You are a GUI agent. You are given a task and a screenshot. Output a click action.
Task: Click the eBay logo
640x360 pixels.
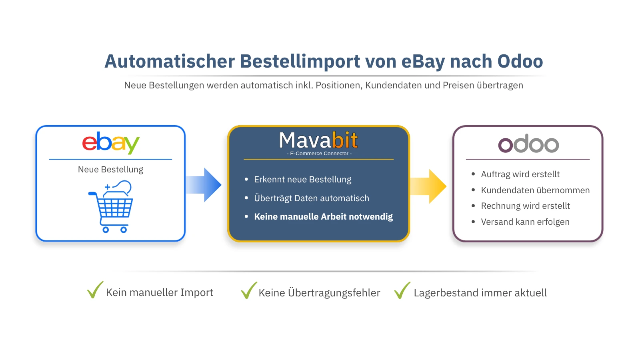[110, 143]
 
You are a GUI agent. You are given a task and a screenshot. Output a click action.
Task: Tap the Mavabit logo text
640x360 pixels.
[318, 140]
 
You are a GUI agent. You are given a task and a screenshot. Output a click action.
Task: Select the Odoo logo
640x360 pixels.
[528, 144]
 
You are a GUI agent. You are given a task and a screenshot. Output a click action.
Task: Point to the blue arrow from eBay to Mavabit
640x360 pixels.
[204, 185]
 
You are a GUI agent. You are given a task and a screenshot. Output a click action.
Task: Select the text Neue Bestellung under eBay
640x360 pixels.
[110, 170]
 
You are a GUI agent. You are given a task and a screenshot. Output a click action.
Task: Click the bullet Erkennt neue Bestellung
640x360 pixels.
[302, 180]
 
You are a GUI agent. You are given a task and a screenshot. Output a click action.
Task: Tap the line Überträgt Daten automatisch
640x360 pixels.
[311, 198]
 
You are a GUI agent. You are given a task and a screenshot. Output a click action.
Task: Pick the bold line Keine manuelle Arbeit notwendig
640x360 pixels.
[323, 217]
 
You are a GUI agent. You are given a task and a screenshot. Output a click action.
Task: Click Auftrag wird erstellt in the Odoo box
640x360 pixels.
[520, 174]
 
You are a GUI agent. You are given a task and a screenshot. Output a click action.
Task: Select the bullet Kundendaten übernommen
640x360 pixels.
[535, 190]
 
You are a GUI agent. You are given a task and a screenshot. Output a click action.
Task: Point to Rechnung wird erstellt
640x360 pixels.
[525, 206]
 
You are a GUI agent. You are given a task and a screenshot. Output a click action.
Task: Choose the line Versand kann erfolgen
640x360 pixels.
[525, 222]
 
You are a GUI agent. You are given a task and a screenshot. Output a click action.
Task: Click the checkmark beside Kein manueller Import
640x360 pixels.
[95, 290]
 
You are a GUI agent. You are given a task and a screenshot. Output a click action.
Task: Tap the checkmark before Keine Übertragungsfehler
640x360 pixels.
[248, 290]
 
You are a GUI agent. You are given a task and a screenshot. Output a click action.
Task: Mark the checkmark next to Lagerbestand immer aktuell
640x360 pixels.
[402, 290]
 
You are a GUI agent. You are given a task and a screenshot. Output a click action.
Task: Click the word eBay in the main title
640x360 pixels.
[423, 62]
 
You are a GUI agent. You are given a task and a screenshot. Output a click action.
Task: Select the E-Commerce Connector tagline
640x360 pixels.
[319, 154]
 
